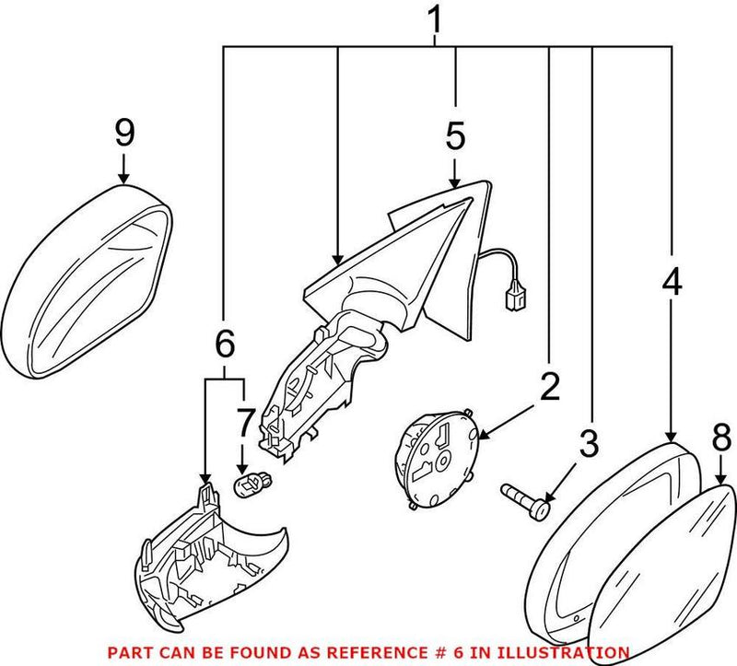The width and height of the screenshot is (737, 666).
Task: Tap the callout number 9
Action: point(124,133)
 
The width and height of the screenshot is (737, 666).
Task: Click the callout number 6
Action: point(224,346)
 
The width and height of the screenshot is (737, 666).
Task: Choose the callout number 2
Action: point(549,388)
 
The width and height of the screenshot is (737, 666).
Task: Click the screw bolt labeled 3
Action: point(527,499)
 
